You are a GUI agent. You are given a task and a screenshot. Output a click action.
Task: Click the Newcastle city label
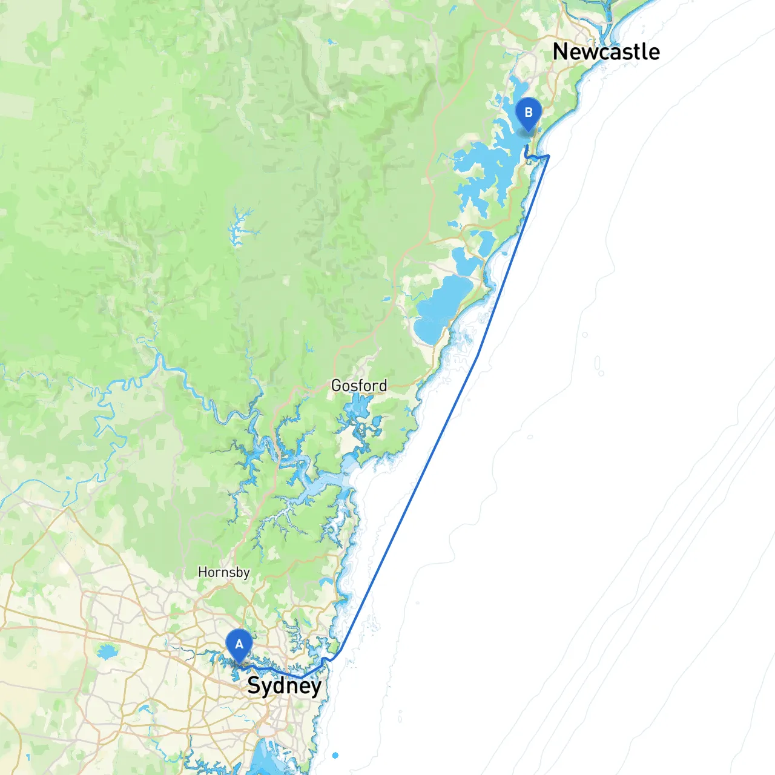pyautogui.click(x=606, y=52)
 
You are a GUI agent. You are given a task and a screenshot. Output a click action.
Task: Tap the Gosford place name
pyautogui.click(x=359, y=386)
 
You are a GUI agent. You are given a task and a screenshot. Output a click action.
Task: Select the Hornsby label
pyautogui.click(x=223, y=572)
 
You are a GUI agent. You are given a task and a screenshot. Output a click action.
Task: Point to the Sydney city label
pyautogui.click(x=284, y=686)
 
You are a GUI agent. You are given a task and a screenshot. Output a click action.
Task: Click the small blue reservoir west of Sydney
pyautogui.click(x=107, y=652)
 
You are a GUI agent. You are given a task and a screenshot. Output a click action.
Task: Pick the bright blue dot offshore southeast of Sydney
pyautogui.click(x=335, y=755)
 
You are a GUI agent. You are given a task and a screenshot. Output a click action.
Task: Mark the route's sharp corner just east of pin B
pyautogui.click(x=549, y=156)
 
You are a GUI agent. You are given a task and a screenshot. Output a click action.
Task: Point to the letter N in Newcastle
pyautogui.click(x=560, y=52)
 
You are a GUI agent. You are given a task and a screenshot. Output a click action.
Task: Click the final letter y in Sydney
pyautogui.click(x=314, y=688)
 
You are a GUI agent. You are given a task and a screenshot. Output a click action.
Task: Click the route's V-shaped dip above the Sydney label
pyautogui.click(x=303, y=677)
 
